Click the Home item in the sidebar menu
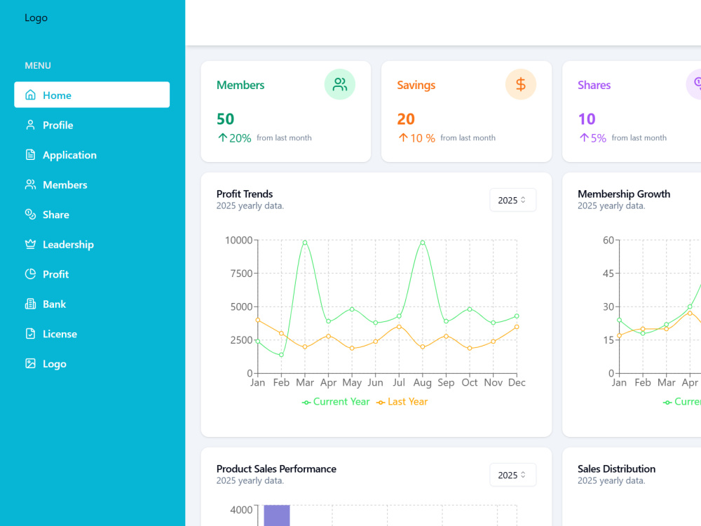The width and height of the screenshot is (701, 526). pos(92,95)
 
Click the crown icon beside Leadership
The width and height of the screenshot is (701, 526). pos(30,244)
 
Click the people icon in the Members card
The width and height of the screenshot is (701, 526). pos(340,84)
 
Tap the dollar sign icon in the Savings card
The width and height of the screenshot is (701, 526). pos(520,84)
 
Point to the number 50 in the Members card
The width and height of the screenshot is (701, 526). pos(225,119)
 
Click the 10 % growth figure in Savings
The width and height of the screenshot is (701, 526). pos(423,138)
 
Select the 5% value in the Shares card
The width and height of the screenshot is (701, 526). pos(598,138)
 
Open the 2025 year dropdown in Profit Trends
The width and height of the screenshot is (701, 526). pos(512,200)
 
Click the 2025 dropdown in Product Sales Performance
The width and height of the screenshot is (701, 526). pos(512,475)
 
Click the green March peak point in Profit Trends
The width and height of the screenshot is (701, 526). pos(305,243)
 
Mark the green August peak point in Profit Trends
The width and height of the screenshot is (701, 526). pos(423,243)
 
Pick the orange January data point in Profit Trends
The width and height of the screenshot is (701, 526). pos(257,320)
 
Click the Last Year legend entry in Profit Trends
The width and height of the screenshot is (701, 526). pos(402,402)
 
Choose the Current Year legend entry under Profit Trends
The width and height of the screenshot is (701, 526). pos(336,402)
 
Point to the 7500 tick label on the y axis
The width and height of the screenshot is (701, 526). pos(241,274)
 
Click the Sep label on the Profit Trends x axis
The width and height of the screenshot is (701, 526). pos(446,383)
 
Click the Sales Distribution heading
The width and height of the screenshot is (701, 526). pos(616,468)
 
